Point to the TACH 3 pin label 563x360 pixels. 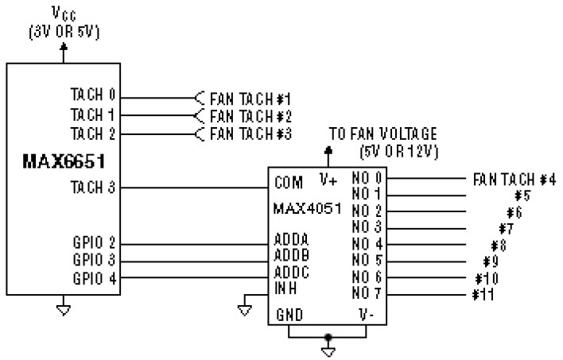tap(94, 188)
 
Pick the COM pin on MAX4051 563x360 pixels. tap(289, 183)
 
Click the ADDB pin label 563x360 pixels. tap(292, 255)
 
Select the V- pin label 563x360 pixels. tap(365, 315)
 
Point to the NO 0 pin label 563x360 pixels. tap(365, 177)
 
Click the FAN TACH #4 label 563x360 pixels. tap(514, 179)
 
